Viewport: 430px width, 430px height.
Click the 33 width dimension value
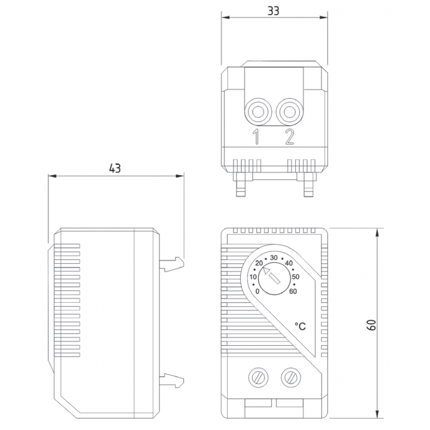pos(274,11)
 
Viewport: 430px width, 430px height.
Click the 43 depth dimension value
pos(115,168)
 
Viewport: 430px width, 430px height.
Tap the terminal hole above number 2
pos(290,112)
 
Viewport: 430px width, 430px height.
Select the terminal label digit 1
pos(257,138)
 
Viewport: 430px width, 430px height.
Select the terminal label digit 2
pos(290,138)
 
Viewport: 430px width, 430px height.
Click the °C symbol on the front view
pos(300,326)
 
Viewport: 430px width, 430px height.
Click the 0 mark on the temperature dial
pos(259,291)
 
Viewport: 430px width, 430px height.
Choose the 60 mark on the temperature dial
pos(293,291)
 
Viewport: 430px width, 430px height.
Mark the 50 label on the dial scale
pos(295,276)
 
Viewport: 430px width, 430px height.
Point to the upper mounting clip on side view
pos(172,263)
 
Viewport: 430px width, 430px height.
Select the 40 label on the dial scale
pos(289,263)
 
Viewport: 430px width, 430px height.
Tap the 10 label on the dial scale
pos(254,276)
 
